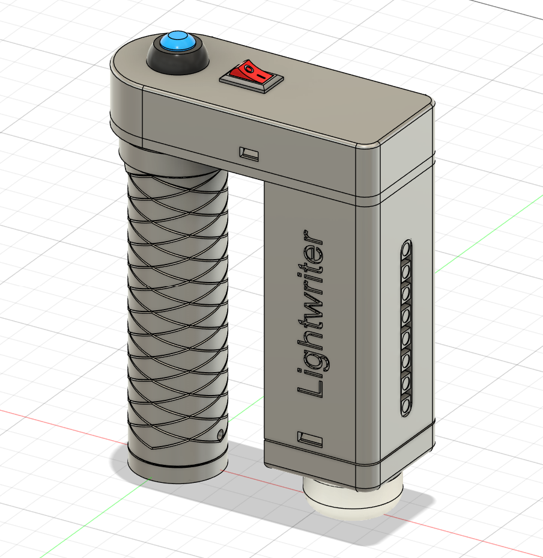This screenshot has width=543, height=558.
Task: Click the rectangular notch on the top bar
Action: [249, 154]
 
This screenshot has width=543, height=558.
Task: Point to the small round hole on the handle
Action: [220, 433]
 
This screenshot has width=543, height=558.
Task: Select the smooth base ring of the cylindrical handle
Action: [178, 468]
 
